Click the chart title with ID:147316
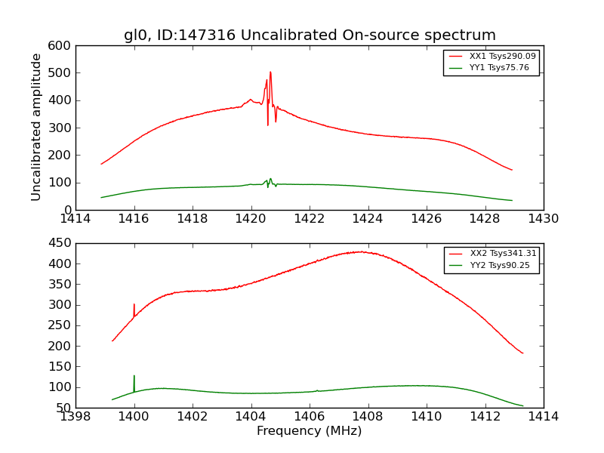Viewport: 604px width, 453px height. tap(310, 35)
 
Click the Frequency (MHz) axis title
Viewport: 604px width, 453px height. tap(310, 431)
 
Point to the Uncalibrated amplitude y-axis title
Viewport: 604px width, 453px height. tap(36, 128)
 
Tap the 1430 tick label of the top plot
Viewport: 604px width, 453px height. tap(543, 219)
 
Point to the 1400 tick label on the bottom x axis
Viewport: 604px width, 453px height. tap(134, 417)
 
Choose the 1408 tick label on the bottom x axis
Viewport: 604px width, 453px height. tap(368, 417)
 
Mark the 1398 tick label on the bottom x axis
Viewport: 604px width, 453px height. tap(76, 417)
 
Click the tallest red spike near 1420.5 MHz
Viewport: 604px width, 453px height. tap(270, 73)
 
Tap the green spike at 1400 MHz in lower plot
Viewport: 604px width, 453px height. tap(134, 377)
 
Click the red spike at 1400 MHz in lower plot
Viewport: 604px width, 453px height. tap(134, 305)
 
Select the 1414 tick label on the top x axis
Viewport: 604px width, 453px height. tap(76, 219)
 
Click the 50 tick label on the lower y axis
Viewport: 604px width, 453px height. tap(64, 408)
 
